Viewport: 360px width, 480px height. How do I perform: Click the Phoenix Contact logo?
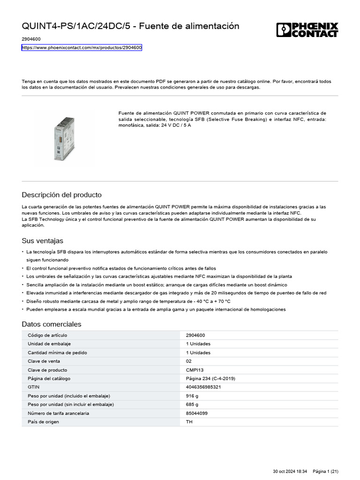[307, 30]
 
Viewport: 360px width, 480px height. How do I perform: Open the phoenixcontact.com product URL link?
[82, 48]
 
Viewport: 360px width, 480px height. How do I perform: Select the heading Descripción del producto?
[61, 195]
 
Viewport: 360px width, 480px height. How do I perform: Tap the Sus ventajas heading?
[42, 241]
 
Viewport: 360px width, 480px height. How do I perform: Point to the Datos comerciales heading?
[52, 324]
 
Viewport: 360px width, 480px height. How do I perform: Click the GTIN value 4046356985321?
[203, 387]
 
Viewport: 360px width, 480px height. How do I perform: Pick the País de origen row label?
[44, 422]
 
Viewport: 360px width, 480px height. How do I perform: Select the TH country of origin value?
[189, 422]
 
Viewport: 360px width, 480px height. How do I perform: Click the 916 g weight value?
[192, 396]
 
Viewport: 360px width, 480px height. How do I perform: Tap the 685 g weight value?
[192, 405]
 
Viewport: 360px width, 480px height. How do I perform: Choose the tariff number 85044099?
[197, 413]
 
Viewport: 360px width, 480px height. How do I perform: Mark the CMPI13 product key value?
[195, 370]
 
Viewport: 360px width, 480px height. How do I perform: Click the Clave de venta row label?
[44, 361]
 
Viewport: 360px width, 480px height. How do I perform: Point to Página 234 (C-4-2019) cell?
[210, 379]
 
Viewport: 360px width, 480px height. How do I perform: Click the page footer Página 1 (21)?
[325, 471]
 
